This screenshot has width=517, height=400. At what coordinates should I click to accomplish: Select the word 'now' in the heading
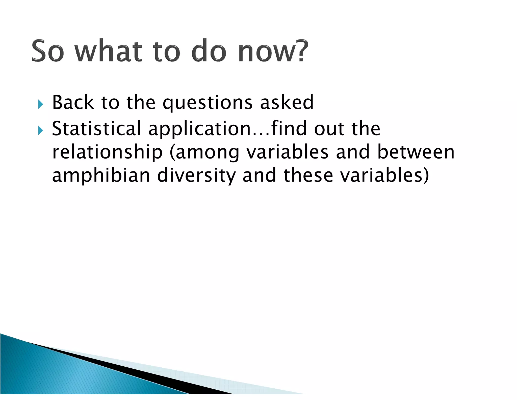[266, 52]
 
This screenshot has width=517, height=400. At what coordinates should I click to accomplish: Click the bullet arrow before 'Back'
[41, 104]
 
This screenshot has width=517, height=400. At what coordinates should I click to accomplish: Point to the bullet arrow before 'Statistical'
[41, 130]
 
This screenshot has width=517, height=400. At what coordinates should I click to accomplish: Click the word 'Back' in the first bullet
[73, 102]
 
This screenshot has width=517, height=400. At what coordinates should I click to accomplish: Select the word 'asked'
[287, 102]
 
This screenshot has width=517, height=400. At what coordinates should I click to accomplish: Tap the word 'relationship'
[107, 152]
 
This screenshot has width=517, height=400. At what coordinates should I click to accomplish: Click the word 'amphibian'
[101, 175]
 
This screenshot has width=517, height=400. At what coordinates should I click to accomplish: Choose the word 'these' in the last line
[308, 175]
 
